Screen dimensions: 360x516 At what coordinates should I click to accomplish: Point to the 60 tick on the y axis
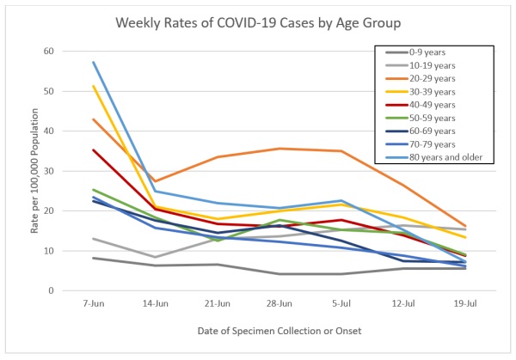pyautogui.click(x=48, y=52)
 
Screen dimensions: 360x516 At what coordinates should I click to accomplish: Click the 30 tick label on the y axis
pyautogui.click(x=48, y=171)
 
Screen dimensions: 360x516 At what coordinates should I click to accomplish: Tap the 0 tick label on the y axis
pyautogui.click(x=51, y=291)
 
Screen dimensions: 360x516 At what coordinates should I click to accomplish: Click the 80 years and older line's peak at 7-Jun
pyautogui.click(x=93, y=62)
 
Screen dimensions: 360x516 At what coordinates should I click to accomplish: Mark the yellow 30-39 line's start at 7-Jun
pyautogui.click(x=93, y=86)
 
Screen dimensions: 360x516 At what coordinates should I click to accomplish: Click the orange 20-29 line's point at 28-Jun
pyautogui.click(x=277, y=149)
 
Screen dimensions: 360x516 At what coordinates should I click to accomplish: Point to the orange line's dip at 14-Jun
pyautogui.click(x=154, y=181)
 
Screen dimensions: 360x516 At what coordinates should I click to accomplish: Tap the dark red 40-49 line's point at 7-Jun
pyautogui.click(x=93, y=150)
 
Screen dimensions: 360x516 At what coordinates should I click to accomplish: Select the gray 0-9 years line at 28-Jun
pyautogui.click(x=277, y=274)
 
